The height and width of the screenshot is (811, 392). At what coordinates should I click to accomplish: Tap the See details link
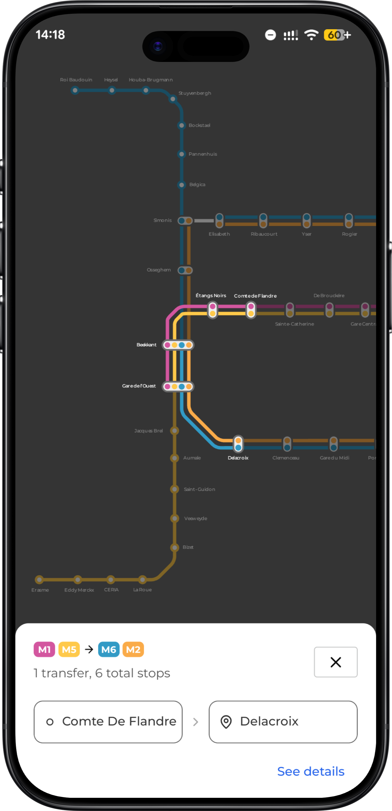(311, 772)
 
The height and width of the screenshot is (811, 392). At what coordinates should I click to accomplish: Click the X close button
(335, 662)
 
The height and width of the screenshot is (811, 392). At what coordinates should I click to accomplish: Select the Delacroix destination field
(283, 722)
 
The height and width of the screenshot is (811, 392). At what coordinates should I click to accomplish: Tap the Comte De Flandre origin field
(108, 722)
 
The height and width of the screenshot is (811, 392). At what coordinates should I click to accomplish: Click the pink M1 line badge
(44, 650)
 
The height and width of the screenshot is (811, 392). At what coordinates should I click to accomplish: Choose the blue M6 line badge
(109, 650)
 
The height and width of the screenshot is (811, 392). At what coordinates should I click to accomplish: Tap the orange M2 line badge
(133, 650)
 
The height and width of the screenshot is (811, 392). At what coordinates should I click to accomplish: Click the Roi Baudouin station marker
(75, 91)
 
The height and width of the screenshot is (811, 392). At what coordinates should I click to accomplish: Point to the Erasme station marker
(39, 579)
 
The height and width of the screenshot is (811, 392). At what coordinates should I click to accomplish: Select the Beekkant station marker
(178, 345)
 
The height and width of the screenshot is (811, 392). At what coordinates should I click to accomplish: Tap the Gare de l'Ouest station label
(139, 386)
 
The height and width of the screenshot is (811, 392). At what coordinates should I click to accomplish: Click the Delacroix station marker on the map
(238, 444)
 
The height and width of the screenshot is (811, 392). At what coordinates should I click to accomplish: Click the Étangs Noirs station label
(211, 296)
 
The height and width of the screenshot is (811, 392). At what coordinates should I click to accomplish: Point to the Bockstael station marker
(181, 125)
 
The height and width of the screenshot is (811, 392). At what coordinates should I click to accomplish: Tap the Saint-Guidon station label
(199, 489)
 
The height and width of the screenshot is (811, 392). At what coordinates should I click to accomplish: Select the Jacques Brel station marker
(175, 430)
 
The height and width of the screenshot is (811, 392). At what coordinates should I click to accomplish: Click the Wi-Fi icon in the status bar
(311, 35)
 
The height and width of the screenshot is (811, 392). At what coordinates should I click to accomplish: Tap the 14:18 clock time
(50, 35)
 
